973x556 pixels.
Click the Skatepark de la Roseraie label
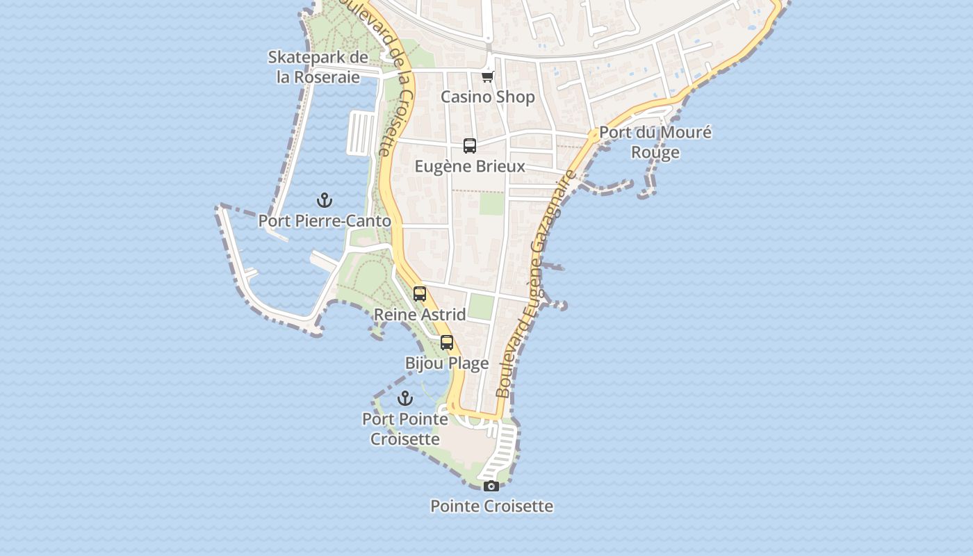318,67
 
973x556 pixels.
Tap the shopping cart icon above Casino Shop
488,76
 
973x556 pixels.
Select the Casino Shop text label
488,97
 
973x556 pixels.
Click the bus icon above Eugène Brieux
470,146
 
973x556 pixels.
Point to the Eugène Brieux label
470,167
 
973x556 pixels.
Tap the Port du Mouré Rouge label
655,142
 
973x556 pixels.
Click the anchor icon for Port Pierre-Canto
325,201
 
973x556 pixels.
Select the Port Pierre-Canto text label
325,221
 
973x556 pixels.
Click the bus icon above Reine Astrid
420,294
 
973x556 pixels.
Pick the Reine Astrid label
420,315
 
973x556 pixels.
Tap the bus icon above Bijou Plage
447,343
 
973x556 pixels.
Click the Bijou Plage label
447,363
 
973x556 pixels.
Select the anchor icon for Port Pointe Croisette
405,398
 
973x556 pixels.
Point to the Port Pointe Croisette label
405,429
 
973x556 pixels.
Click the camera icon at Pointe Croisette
491,486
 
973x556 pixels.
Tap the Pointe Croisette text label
491,506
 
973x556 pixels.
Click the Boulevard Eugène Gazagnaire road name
537,285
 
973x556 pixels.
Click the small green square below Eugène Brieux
492,204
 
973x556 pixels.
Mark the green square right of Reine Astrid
480,306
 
